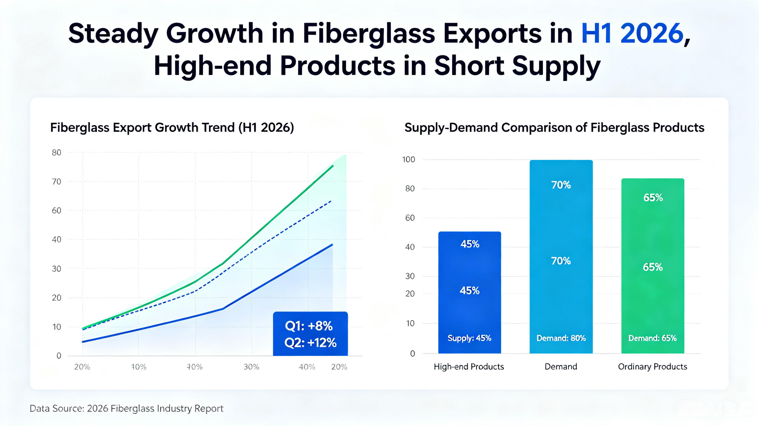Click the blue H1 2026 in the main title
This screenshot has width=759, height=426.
click(x=632, y=33)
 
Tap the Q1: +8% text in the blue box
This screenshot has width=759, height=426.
click(x=309, y=326)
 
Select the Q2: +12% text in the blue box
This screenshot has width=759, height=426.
click(x=310, y=343)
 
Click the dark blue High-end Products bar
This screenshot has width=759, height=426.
click(x=470, y=292)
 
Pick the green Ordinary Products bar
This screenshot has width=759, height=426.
click(x=653, y=266)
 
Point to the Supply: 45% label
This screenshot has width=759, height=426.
click(x=469, y=338)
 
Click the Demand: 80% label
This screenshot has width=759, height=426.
click(x=561, y=338)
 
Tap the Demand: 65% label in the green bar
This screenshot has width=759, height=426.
click(x=652, y=338)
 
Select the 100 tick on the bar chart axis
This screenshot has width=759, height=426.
click(x=408, y=159)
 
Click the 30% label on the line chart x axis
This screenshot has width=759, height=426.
click(x=251, y=367)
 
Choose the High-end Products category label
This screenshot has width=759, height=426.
click(x=469, y=367)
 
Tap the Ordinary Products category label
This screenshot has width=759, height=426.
click(x=653, y=367)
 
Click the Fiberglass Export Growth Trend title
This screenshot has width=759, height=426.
click(x=172, y=127)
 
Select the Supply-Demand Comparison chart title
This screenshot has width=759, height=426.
click(x=554, y=127)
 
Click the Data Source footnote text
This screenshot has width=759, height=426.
click(x=127, y=408)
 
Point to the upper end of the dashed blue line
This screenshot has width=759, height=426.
click(x=331, y=201)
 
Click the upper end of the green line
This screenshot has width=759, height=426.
click(x=333, y=166)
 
